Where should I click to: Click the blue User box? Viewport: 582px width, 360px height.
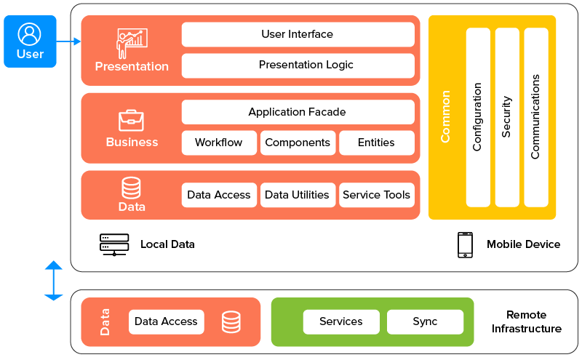coord(30,41)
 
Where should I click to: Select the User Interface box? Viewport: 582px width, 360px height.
coord(298,34)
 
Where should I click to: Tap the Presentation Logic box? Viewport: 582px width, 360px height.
coord(298,65)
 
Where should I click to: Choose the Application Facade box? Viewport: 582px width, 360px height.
coord(298,112)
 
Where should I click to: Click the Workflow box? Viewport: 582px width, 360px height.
coord(219,143)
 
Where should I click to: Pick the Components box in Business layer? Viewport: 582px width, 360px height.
coord(298,143)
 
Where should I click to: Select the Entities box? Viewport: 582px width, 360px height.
coord(376,143)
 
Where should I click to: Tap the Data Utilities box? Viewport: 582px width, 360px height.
coord(298,195)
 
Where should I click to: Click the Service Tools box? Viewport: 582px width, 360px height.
coord(376,195)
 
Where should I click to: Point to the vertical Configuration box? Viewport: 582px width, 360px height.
coord(478,117)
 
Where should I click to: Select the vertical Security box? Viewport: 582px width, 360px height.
coord(507,117)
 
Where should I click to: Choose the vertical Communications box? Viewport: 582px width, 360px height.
coord(535,117)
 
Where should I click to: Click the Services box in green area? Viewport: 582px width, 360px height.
coord(341,321)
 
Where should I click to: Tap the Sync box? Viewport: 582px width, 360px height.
coord(425,321)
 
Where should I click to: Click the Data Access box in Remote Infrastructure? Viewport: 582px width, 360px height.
coord(167,321)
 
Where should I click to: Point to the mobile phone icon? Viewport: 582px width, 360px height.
coord(465,244)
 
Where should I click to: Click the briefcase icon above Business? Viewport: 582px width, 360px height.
coord(132,120)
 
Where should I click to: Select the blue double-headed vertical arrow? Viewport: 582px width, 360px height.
coord(54,280)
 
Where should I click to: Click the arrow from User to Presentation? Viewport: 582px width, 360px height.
coord(68,42)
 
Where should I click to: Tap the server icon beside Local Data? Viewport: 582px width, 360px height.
coord(114,244)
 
